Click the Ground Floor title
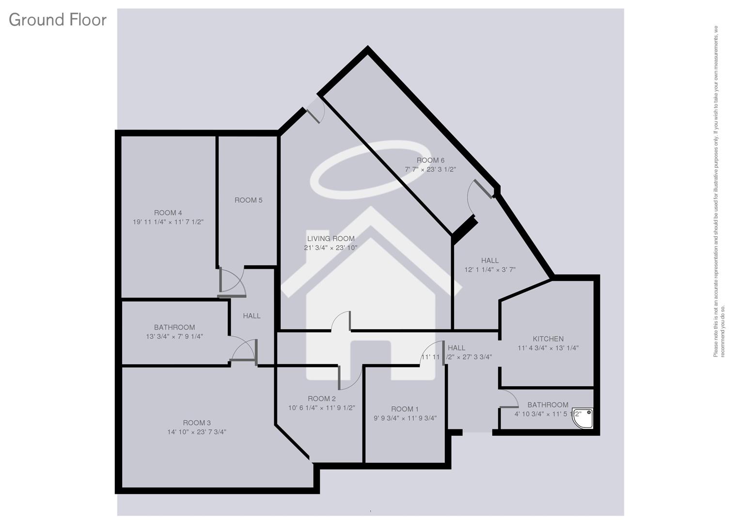click(x=57, y=20)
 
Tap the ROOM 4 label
click(x=168, y=213)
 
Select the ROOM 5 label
click(x=248, y=200)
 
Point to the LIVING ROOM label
click(x=331, y=239)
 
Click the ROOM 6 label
click(x=430, y=161)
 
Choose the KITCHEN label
click(x=548, y=339)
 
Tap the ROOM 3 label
click(x=197, y=423)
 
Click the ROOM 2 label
click(x=321, y=399)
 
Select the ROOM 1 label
click(x=405, y=409)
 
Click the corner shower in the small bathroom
click(x=583, y=419)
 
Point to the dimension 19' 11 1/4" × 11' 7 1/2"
click(x=168, y=222)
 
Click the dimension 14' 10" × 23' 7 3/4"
click(x=197, y=432)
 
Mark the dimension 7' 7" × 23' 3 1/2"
click(x=430, y=170)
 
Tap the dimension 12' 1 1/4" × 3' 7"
click(x=490, y=270)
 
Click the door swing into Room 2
click(x=350, y=378)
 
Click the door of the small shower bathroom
click(x=509, y=399)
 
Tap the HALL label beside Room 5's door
click(x=252, y=316)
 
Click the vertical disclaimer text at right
click(x=719, y=192)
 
